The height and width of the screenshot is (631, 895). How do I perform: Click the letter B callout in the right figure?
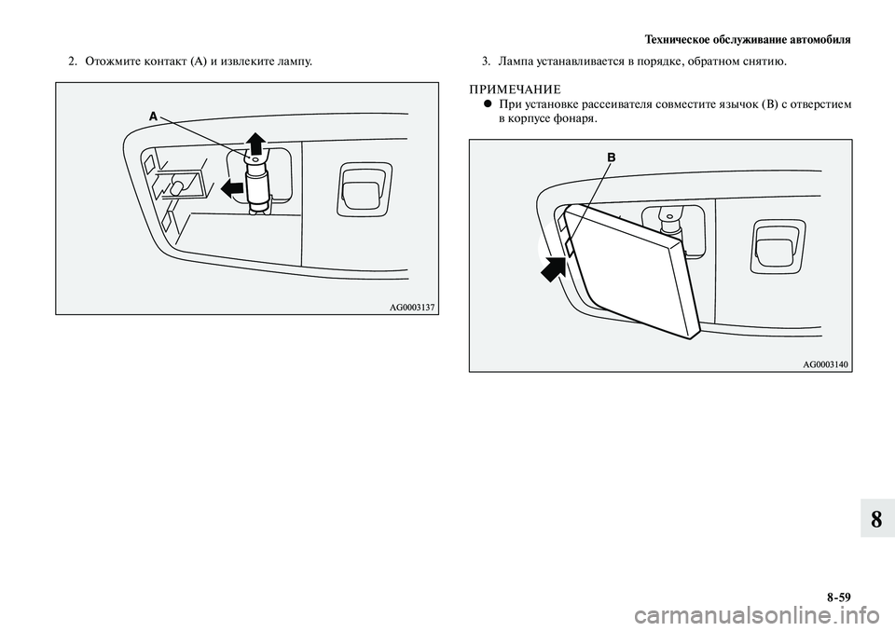[612, 158]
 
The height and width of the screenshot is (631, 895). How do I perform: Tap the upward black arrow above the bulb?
[254, 143]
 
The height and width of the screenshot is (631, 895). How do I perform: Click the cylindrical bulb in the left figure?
[256, 181]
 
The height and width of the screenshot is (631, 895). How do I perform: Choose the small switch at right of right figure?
[773, 246]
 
